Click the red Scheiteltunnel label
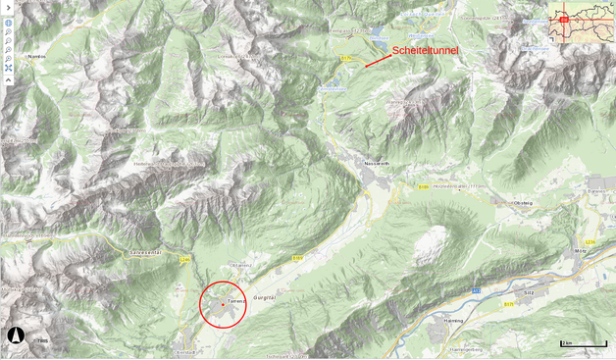[x=425, y=50]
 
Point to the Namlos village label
[x=37, y=57]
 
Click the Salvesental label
[x=144, y=252]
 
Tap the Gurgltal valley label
[x=267, y=294]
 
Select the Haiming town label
[x=452, y=321]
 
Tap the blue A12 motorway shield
[x=476, y=290]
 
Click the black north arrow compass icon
[x=16, y=335]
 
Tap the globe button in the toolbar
[x=8, y=22]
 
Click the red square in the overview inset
[x=563, y=20]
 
